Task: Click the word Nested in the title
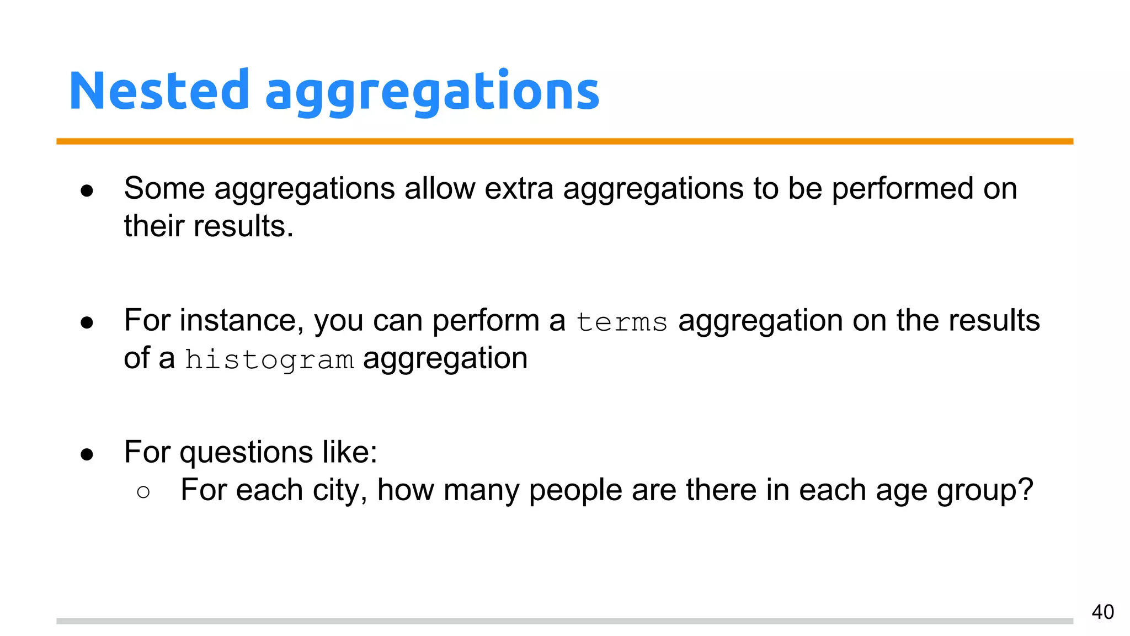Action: pos(159,91)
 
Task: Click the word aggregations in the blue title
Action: pos(432,93)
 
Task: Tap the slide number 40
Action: pos(1102,612)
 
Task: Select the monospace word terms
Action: pos(622,322)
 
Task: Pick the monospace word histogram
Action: pos(269,360)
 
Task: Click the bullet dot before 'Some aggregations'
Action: pos(87,191)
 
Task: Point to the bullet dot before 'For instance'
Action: pos(87,323)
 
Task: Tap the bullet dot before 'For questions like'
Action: pos(87,455)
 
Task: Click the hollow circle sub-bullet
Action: pos(143,492)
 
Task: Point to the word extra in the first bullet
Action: pos(519,189)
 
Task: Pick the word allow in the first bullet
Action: pos(439,189)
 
